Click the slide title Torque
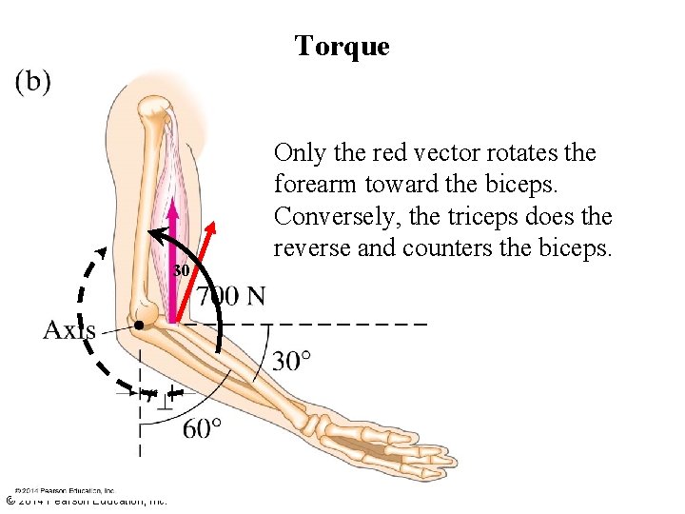(x=342, y=46)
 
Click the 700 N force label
(x=231, y=297)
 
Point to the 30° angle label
(x=291, y=362)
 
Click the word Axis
(x=68, y=330)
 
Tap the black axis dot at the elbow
(x=139, y=326)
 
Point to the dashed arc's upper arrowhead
(x=100, y=253)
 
